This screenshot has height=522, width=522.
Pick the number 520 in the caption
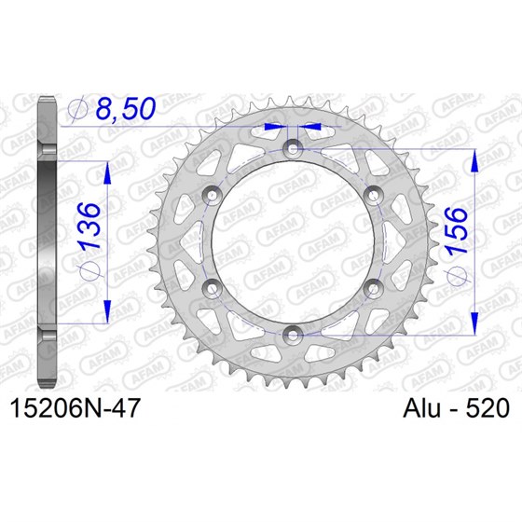(x=485, y=408)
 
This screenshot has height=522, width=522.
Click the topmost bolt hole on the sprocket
(x=294, y=147)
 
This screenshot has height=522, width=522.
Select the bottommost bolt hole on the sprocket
(x=294, y=331)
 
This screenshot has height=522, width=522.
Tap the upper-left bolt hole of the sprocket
(x=213, y=193)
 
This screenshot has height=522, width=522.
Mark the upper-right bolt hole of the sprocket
(x=374, y=193)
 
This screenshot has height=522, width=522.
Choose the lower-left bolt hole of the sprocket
(x=213, y=285)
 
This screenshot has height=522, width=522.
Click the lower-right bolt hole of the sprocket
(x=374, y=285)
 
